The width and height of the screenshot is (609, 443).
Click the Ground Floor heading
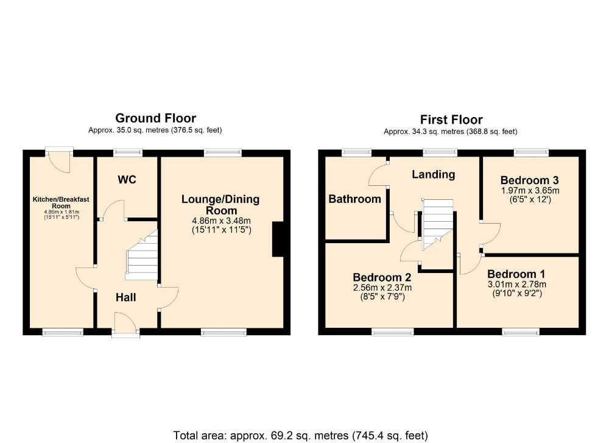tap(155, 118)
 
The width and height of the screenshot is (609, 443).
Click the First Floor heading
tap(451, 120)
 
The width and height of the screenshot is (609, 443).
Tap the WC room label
tap(127, 180)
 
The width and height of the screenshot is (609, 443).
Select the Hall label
tap(126, 297)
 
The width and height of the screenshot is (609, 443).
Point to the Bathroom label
tap(355, 199)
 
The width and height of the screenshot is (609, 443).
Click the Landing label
tap(433, 175)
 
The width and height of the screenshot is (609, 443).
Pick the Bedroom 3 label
tap(529, 180)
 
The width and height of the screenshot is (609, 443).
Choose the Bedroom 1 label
tap(516, 274)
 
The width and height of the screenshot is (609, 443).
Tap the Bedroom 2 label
tap(383, 277)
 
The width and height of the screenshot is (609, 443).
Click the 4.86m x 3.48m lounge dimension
tap(220, 221)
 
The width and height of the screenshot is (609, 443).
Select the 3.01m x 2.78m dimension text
tap(516, 284)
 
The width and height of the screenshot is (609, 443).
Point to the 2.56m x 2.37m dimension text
tap(383, 288)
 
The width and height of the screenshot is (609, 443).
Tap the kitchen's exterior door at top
tap(59, 159)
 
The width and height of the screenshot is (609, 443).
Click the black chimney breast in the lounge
tap(278, 239)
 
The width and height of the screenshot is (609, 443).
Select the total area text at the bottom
tap(300, 435)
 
